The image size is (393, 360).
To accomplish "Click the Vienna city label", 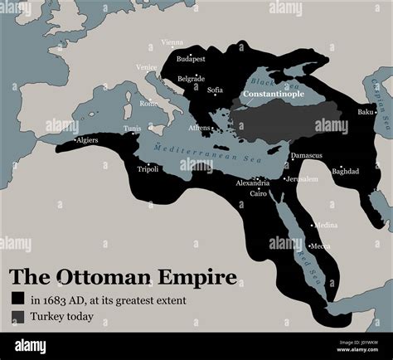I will [172, 42].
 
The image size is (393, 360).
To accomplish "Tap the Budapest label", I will [191, 59].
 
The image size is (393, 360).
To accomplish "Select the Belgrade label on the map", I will [192, 79].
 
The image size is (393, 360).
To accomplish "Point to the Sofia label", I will [215, 89].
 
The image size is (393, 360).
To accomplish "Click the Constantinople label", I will [273, 95].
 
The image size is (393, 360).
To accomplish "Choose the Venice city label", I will [146, 67].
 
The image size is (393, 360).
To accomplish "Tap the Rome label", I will [148, 104].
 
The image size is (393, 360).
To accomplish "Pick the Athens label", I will [199, 128].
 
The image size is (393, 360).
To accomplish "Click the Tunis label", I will [133, 129].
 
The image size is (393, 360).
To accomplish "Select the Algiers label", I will [87, 140].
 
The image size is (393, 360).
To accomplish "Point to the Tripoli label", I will [148, 168].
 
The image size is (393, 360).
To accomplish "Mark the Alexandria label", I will [252, 182].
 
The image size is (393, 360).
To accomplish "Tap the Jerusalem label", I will [301, 178].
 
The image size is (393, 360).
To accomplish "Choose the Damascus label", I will [306, 155].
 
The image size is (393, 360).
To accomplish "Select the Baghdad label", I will [345, 171].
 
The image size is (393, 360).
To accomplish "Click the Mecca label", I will [320, 246].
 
